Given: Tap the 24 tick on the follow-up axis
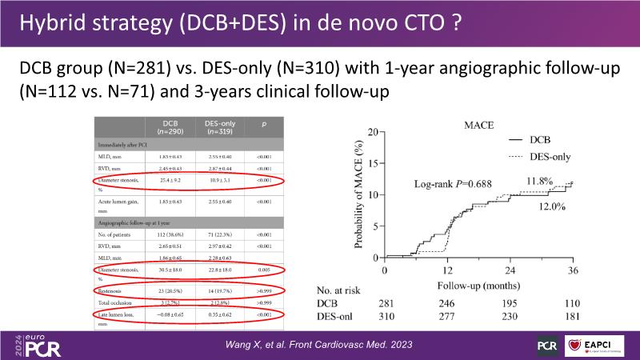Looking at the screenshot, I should click(x=510, y=270).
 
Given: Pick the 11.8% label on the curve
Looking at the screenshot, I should click(x=539, y=181).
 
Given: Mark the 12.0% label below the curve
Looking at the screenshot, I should click(x=552, y=206).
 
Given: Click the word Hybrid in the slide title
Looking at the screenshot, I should click(x=50, y=23).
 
